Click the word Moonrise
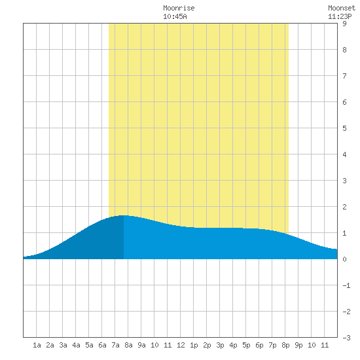pyautogui.click(x=179, y=8)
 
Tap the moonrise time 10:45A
pyautogui.click(x=175, y=16)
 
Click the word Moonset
pyautogui.click(x=342, y=8)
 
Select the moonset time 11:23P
pyautogui.click(x=340, y=16)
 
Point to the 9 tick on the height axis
pyautogui.click(x=344, y=24)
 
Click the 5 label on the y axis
pyautogui.click(x=344, y=128)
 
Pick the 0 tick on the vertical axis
pyautogui.click(x=344, y=259)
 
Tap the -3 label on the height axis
pyautogui.click(x=346, y=338)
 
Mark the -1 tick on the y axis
pyautogui.click(x=346, y=285)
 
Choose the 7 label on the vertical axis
pyautogui.click(x=344, y=76)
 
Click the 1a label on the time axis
pyautogui.click(x=37, y=345)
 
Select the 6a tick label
pyautogui.click(x=102, y=345)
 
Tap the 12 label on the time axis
pyautogui.click(x=181, y=345)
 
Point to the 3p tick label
pyautogui.click(x=220, y=345)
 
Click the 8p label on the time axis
pyautogui.click(x=285, y=345)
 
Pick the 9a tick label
pyautogui.click(x=141, y=345)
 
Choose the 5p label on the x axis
pyautogui.click(x=246, y=345)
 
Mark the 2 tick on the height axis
pyautogui.click(x=344, y=207)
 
